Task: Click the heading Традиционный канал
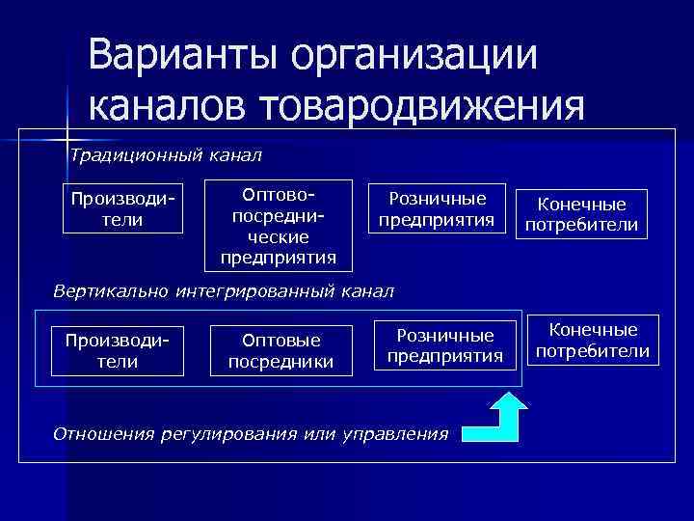[x=164, y=155]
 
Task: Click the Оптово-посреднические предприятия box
[x=278, y=225]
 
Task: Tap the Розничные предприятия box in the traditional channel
[x=436, y=208]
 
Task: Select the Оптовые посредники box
[x=280, y=350]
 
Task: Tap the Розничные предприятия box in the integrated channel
[x=444, y=345]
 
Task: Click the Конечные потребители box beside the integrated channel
[x=592, y=340]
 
